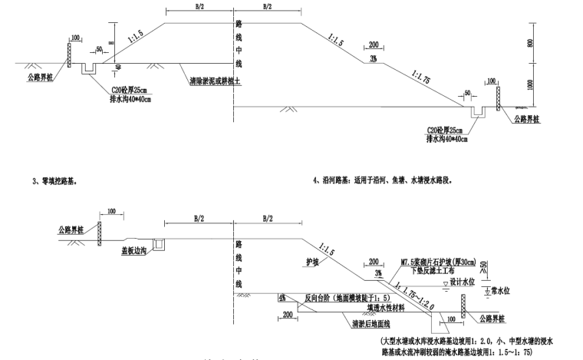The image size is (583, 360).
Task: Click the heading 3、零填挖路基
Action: (x=54, y=182)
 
